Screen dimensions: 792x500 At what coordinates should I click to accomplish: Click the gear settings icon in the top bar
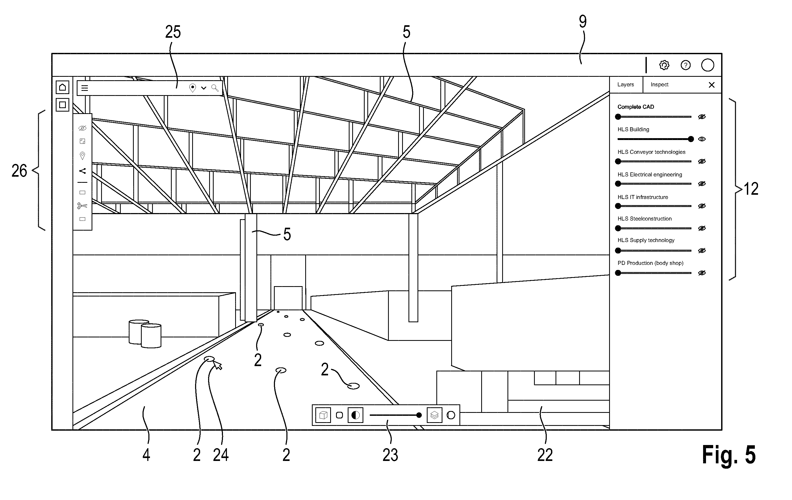(664, 65)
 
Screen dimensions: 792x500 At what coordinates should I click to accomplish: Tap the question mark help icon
(685, 65)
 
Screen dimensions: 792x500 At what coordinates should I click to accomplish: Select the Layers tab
(625, 84)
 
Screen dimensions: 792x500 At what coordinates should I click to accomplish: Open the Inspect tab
(660, 84)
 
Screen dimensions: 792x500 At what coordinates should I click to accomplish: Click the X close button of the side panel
(711, 85)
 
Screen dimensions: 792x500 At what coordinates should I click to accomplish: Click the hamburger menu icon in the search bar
(84, 88)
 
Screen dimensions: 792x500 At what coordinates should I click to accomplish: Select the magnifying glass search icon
(215, 88)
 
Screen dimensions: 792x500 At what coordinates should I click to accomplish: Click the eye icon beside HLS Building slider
(701, 139)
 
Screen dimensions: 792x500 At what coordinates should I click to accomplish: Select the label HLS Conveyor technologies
(651, 152)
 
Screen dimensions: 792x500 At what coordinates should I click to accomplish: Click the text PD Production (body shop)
(650, 263)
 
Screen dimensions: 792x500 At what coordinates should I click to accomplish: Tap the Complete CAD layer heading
(635, 107)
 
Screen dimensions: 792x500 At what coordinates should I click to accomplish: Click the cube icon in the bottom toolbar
(323, 415)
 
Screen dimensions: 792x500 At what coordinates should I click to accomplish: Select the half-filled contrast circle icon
(355, 415)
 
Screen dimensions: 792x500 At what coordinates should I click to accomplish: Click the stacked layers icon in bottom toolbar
(434, 415)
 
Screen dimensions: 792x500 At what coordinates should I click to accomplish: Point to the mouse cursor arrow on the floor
(217, 365)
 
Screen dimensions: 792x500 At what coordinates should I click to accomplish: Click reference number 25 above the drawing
(173, 32)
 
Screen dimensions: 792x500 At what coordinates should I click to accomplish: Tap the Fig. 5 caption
(729, 455)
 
